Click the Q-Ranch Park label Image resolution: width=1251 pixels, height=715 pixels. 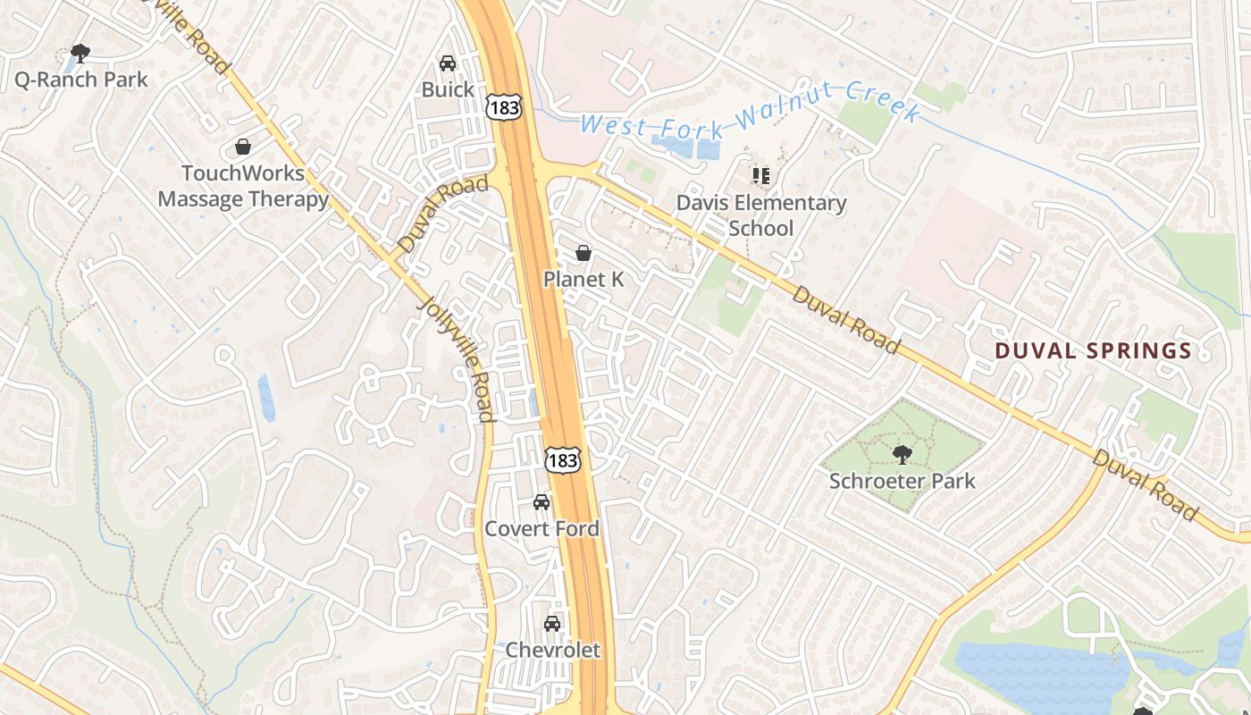tap(81, 80)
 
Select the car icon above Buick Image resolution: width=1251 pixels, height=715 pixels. tap(448, 63)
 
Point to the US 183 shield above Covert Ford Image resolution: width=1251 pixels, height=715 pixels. tap(563, 459)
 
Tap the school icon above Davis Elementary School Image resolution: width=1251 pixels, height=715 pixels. tap(760, 175)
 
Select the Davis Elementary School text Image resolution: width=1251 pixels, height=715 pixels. tap(760, 215)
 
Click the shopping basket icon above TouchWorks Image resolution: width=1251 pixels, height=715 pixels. tap(242, 147)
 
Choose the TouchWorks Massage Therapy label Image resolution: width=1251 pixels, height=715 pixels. tap(243, 186)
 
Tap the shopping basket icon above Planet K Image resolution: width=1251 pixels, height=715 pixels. tap(584, 254)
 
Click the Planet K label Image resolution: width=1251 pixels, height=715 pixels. tap(584, 280)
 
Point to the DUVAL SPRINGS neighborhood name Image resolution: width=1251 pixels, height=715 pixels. tap(1094, 350)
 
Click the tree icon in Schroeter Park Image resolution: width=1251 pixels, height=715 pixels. tap(903, 454)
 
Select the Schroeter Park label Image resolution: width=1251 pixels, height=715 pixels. tap(903, 481)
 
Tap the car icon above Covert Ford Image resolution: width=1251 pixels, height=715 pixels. tap(542, 502)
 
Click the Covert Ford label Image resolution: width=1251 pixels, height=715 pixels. tap(542, 528)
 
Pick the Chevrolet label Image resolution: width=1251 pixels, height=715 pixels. tap(553, 650)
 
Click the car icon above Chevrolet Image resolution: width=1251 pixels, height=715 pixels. tap(553, 624)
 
